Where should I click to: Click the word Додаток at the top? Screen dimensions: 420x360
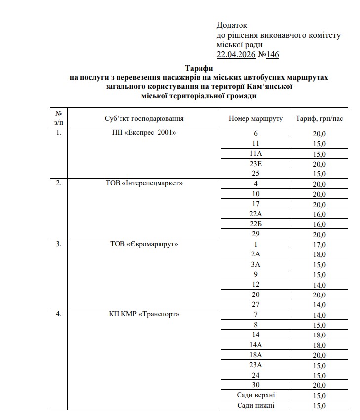coord(232,25)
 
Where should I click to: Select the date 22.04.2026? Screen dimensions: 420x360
coord(236,54)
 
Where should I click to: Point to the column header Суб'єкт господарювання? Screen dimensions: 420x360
coord(144,119)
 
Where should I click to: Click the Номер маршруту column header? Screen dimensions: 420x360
coord(256,119)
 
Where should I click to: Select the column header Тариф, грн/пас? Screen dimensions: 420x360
coord(319,119)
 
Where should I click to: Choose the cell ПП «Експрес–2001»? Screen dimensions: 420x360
coord(144,133)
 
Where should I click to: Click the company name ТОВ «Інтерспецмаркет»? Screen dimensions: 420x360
coord(144,183)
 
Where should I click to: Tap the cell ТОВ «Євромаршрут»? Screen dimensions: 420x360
coord(144,244)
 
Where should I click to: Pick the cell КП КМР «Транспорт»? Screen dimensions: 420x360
coord(144,314)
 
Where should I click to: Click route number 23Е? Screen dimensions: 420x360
coord(256,164)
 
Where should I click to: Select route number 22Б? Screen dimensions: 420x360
coord(256,224)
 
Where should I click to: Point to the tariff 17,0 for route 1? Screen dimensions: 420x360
coord(319,244)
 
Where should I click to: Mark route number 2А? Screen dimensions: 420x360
coord(256,254)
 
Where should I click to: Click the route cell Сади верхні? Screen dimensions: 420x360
coord(256,395)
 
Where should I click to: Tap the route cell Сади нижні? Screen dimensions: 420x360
coord(256,405)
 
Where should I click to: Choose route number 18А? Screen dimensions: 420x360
coord(256,355)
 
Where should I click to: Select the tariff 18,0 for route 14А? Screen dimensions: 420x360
coord(319,345)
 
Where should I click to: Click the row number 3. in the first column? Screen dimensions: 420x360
coord(59,244)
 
